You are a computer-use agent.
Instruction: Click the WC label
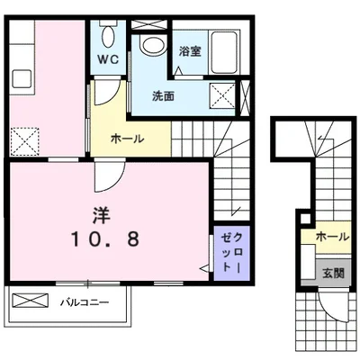point(109,59)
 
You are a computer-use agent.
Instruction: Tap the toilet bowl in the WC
point(108,35)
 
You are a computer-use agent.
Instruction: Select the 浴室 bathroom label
point(190,51)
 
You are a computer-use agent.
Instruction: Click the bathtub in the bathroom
point(225,51)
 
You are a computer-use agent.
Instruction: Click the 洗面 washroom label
point(163,96)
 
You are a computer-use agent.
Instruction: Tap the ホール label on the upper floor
point(128,139)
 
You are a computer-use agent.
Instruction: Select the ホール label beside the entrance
point(333,237)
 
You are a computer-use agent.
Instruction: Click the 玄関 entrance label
point(333,273)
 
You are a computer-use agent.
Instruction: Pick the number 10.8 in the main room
point(104,239)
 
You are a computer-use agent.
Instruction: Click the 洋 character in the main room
point(101,216)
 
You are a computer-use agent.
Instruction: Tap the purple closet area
point(231,253)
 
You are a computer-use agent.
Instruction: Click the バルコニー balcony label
point(85,302)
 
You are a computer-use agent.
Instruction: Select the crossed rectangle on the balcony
point(30,300)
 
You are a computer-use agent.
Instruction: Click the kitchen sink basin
point(22,78)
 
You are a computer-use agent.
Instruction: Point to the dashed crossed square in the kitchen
point(25,141)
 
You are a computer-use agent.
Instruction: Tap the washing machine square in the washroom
point(222,95)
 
